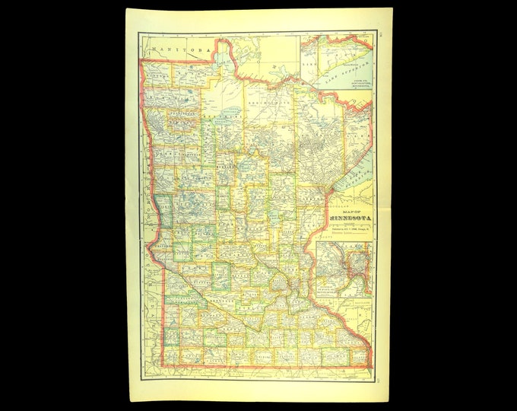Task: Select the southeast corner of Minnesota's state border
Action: [370, 358]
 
